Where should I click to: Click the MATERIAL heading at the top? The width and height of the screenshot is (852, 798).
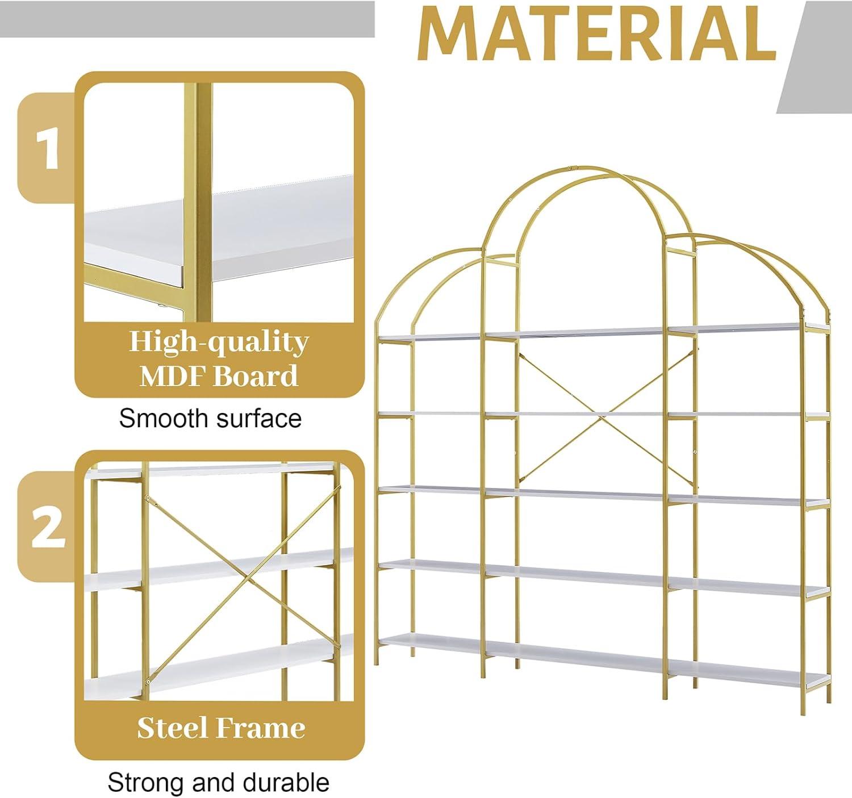tap(596, 34)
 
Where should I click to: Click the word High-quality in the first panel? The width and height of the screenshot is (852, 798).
tap(219, 343)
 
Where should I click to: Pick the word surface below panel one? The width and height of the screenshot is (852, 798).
tap(258, 418)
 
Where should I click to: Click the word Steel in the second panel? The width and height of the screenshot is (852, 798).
tap(173, 728)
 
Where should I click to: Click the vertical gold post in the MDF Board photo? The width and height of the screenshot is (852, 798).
tap(197, 202)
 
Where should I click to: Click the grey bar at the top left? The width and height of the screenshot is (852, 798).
tap(187, 19)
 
